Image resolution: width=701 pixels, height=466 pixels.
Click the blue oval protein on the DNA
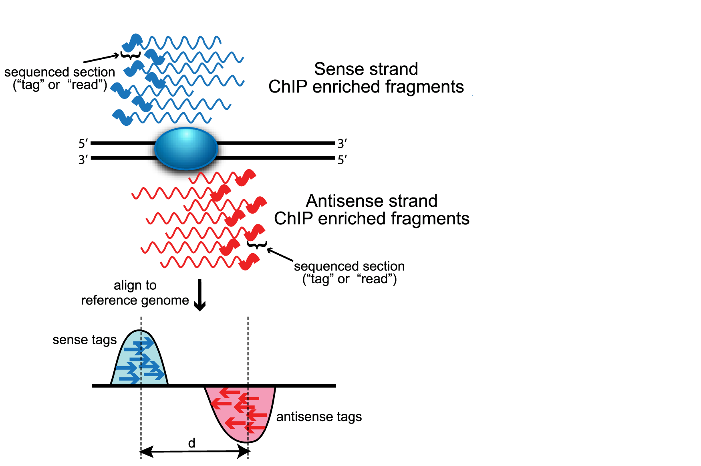[186, 149]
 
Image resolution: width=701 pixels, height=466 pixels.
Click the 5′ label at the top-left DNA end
[83, 143]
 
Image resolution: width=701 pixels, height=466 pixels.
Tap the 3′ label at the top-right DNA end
[342, 143]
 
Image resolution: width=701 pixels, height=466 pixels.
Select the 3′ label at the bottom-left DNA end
[83, 159]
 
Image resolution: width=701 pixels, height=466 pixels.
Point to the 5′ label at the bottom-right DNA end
[342, 160]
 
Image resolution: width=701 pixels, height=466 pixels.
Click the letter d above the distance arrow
[192, 443]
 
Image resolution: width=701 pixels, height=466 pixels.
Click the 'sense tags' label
[85, 340]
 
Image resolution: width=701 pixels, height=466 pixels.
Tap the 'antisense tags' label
[319, 417]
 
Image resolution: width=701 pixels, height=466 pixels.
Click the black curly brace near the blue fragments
[131, 56]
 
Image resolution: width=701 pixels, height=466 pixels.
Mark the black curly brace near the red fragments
[257, 244]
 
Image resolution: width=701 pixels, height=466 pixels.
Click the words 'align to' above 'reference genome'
[135, 285]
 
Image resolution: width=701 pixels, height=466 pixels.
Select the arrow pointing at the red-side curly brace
[280, 255]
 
